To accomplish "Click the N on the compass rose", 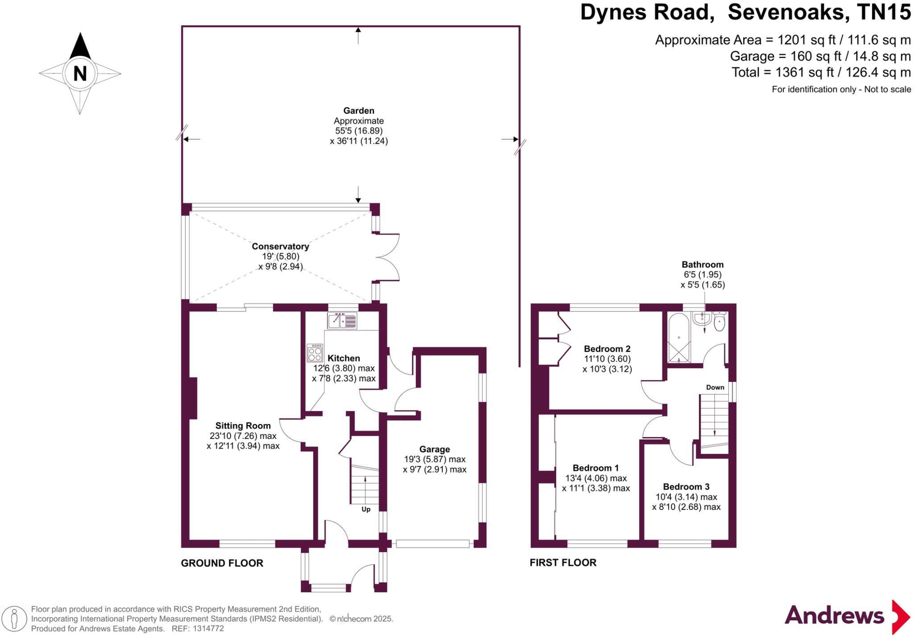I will pos(80,73).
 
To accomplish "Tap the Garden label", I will pos(358,111).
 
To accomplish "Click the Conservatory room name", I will pos(280,246).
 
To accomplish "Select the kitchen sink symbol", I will pos(342,321).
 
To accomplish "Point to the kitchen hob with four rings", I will pos(315,352).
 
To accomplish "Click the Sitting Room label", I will pos(243,425).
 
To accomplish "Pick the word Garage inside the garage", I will pos(434,449).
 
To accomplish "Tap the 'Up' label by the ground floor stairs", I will pos(366,509).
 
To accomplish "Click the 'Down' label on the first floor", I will pos(715,387).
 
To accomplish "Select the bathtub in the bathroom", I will pos(679,338).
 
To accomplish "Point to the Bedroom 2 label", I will pos(607,349).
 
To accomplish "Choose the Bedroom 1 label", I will pos(595,468).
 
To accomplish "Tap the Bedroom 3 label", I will pos(686,487).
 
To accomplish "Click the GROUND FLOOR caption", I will pos(222,563).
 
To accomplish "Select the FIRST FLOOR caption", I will pos(563,562).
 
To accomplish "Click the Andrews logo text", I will pos(834,616).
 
